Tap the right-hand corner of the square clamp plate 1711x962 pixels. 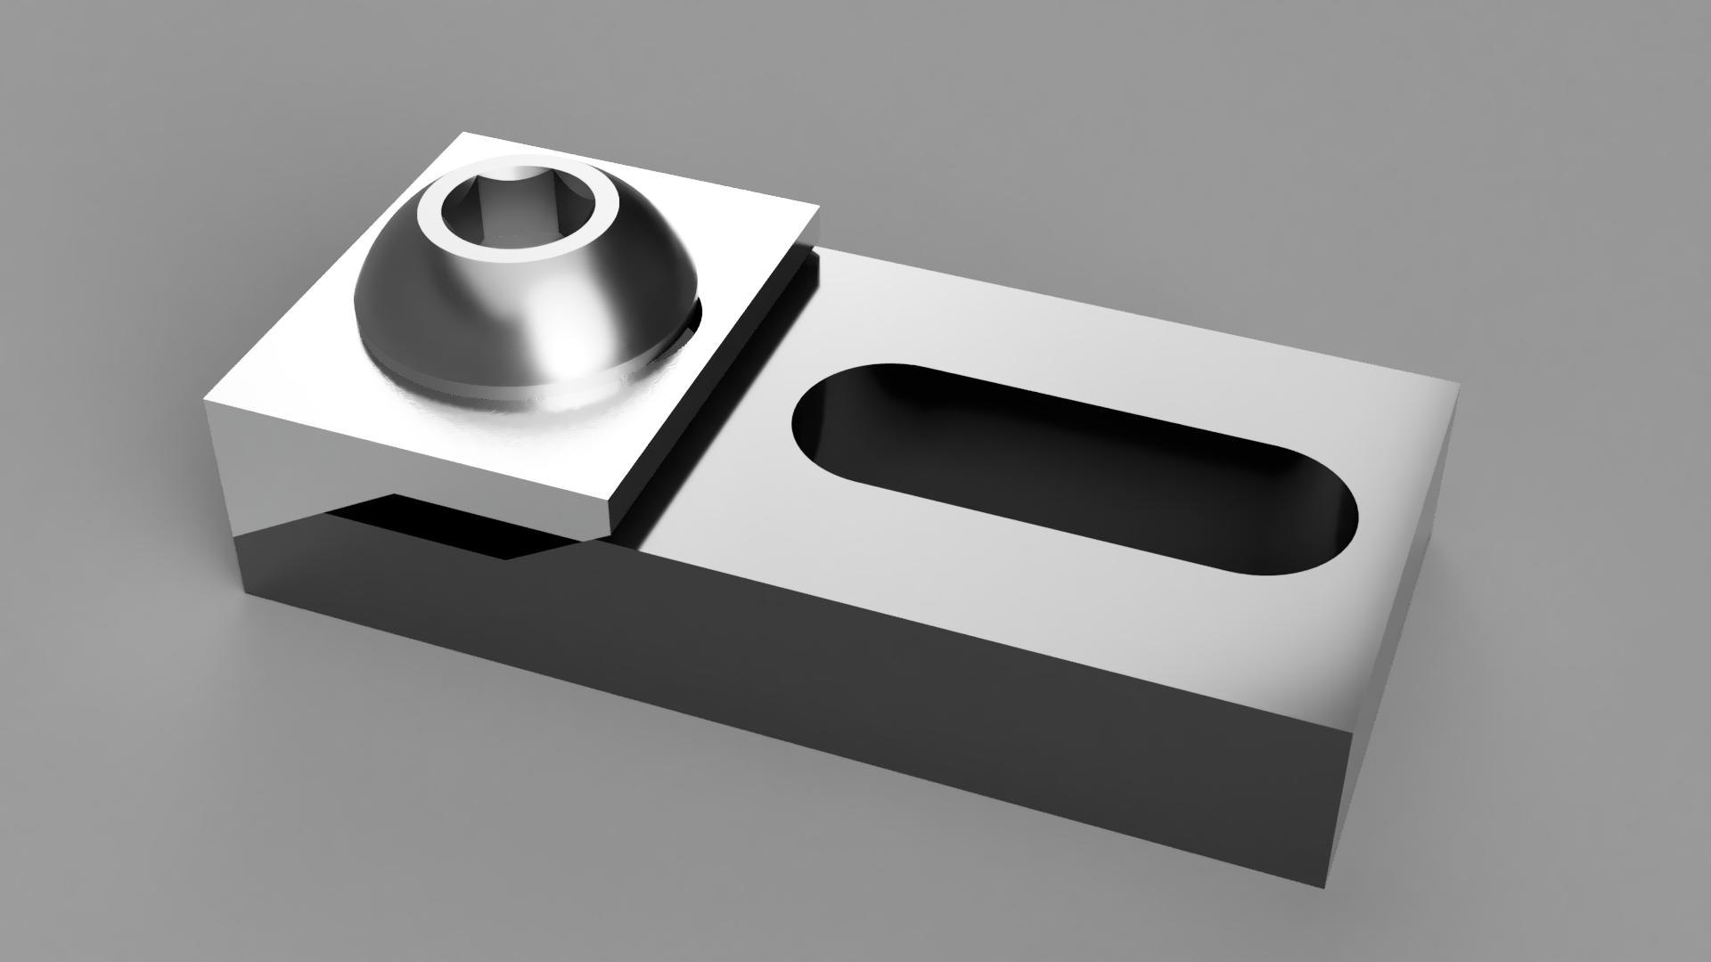818,207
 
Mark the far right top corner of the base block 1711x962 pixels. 1458,385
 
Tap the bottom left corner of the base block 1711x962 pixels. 244,591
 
